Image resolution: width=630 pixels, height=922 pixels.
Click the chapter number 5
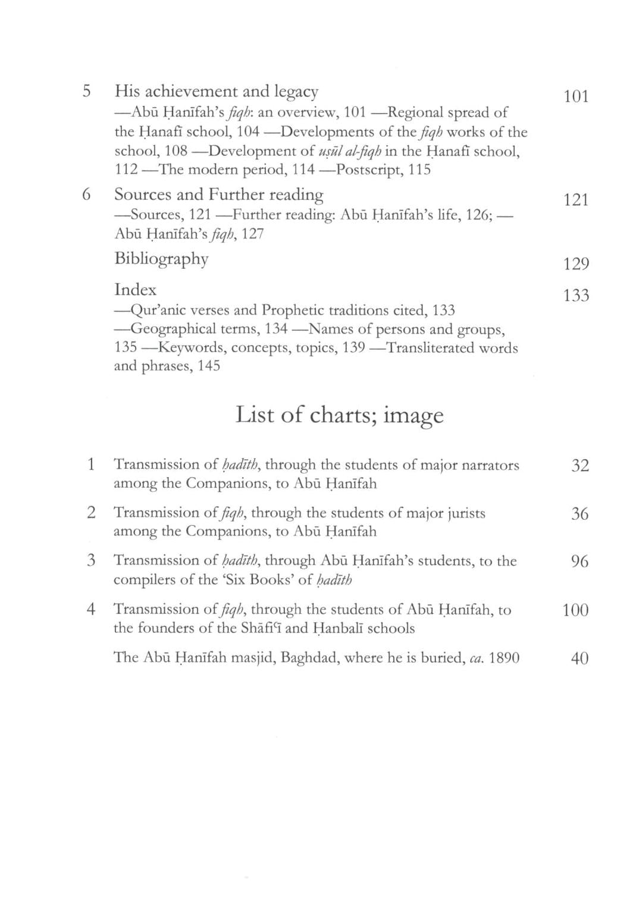click(x=87, y=92)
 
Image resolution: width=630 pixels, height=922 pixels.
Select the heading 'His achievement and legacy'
click(x=216, y=92)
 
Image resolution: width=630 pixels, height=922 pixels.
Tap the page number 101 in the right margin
click(x=576, y=97)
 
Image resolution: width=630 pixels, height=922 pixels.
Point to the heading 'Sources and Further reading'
click(x=218, y=195)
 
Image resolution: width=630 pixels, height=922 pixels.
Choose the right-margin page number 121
click(x=576, y=200)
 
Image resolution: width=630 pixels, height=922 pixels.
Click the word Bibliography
click(x=161, y=259)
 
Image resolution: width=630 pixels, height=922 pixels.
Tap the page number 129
click(x=576, y=264)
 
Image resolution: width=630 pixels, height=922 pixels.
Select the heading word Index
click(x=135, y=290)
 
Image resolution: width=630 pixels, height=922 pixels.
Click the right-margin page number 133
click(x=576, y=296)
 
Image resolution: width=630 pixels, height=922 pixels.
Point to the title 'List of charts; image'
click(x=339, y=415)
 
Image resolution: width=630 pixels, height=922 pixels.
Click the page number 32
click(x=579, y=466)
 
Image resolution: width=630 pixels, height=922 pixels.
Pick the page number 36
click(x=579, y=514)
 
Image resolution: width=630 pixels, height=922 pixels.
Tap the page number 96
click(x=579, y=562)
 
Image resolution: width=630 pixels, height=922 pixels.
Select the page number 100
click(x=575, y=610)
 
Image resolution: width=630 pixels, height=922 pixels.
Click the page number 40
click(x=579, y=658)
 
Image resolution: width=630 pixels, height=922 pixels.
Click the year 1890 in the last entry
click(x=503, y=658)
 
